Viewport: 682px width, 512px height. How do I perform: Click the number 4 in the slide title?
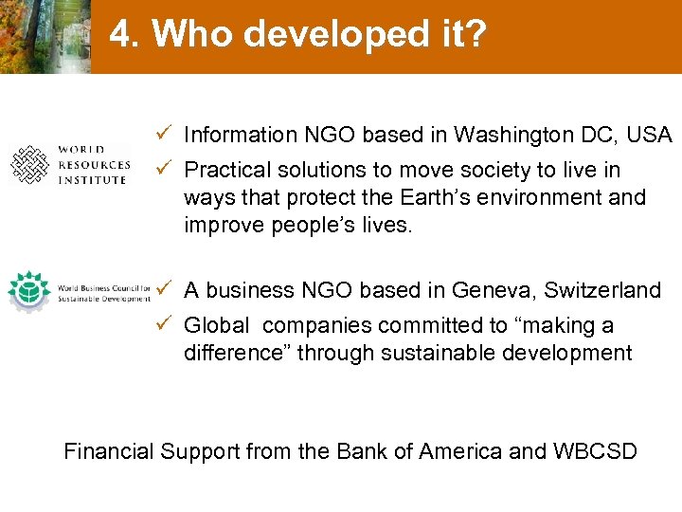(x=121, y=35)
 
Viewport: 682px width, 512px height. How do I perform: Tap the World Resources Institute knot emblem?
(x=29, y=165)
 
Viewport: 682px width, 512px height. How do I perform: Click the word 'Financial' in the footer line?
(x=108, y=451)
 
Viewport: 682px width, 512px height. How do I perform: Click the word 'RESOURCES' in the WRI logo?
(x=95, y=165)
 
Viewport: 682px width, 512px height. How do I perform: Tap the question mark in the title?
(x=476, y=35)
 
